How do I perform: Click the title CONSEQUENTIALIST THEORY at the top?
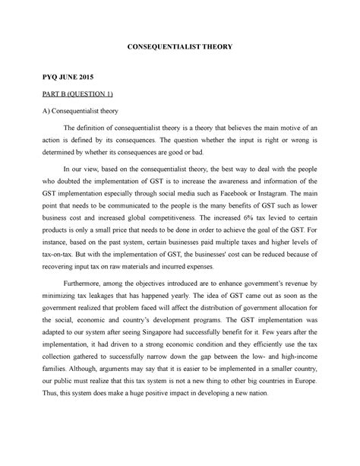point(179,47)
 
